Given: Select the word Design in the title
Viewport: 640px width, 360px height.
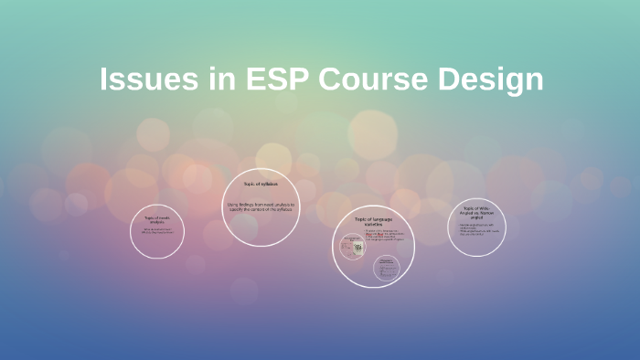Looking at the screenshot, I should click(490, 79).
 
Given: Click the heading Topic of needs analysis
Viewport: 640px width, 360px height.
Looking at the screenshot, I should click(158, 219).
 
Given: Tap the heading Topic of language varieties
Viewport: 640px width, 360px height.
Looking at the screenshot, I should click(373, 222).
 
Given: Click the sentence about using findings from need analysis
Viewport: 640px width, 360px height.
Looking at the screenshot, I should click(261, 206).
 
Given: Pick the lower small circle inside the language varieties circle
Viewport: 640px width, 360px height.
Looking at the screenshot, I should click(386, 268).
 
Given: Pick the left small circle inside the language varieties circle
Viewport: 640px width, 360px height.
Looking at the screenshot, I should click(352, 247).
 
